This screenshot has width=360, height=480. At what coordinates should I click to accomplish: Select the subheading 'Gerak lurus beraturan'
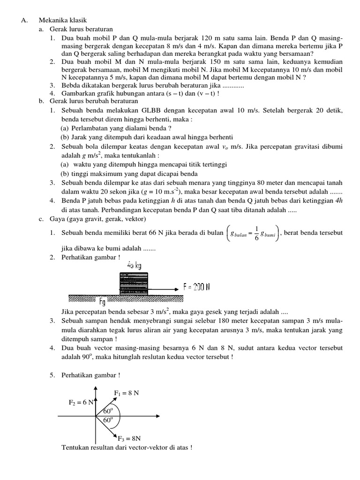point(78,29)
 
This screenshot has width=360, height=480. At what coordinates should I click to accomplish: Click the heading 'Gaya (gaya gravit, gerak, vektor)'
point(97,219)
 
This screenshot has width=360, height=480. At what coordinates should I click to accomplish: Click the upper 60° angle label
point(109,411)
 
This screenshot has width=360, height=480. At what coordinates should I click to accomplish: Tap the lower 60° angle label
point(108,420)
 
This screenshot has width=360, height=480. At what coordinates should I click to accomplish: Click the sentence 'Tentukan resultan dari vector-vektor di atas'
point(127,447)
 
